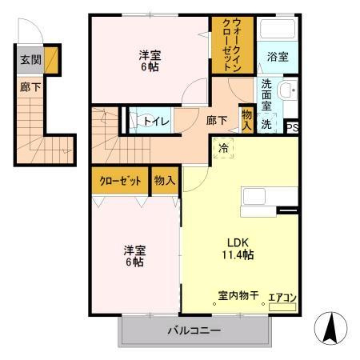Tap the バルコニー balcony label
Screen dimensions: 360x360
pyautogui.click(x=194, y=330)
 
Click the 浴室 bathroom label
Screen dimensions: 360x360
pyautogui.click(x=278, y=57)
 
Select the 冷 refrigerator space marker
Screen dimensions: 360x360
pyautogui.click(x=223, y=147)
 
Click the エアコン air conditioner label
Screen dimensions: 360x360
pyautogui.click(x=282, y=298)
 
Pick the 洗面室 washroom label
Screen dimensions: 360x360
pyautogui.click(x=266, y=95)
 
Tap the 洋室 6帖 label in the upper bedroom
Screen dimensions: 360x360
pyautogui.click(x=150, y=61)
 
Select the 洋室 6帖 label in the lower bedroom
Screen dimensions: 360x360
pyautogui.click(x=134, y=255)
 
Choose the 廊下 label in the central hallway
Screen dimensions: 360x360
pyautogui.click(x=217, y=121)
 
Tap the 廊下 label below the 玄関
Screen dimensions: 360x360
pyautogui.click(x=27, y=86)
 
